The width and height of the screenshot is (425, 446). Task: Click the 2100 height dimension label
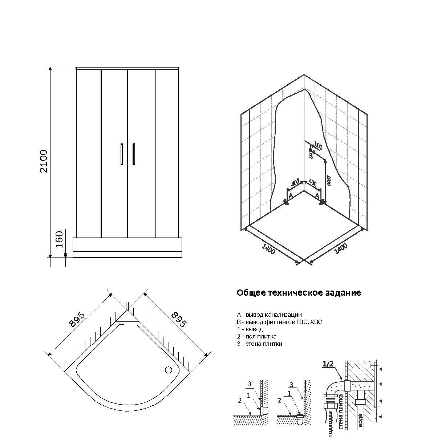[x=44, y=161]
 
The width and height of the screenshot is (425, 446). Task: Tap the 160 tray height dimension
[x=59, y=240]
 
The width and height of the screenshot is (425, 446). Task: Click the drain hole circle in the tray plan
[x=168, y=370]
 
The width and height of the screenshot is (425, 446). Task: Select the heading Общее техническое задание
[x=299, y=293]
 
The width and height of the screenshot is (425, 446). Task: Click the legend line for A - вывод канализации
[x=269, y=315]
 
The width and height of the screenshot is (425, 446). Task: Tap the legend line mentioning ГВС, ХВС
[x=279, y=322]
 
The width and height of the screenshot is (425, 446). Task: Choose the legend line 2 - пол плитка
[x=256, y=336]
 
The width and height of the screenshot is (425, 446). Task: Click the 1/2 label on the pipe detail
[x=328, y=364]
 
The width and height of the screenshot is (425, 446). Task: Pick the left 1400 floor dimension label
[x=268, y=248]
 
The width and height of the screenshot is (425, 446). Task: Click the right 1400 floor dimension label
[x=341, y=249]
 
